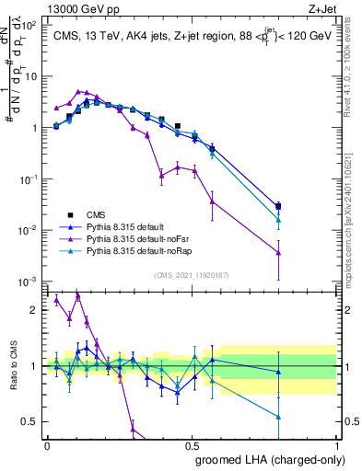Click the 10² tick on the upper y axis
pyautogui.click(x=29, y=26)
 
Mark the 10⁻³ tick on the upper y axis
pyautogui.click(x=29, y=281)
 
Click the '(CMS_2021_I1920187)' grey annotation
pyautogui.click(x=193, y=274)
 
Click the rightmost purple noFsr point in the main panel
pyautogui.click(x=278, y=252)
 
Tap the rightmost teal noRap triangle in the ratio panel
pyautogui.click(x=278, y=417)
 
